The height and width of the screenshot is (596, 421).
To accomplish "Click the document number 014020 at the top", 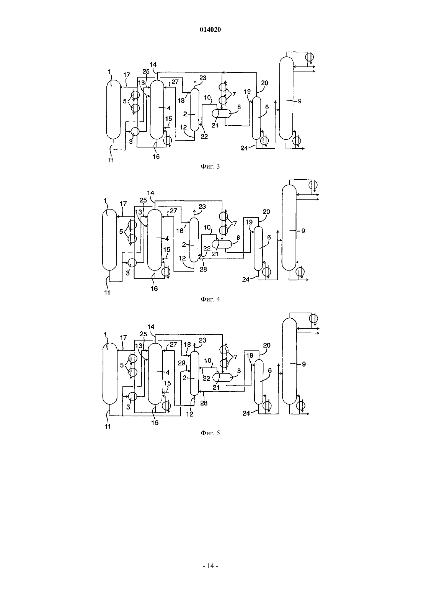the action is tap(210, 29).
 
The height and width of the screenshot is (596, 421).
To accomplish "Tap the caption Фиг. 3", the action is tap(210, 167).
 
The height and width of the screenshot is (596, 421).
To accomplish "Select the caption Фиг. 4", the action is tap(210, 299).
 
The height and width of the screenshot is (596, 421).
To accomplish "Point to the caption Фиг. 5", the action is tap(210, 433).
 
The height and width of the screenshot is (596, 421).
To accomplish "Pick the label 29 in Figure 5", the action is tap(181, 363).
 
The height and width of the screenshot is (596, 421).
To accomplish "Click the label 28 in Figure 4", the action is tap(203, 270).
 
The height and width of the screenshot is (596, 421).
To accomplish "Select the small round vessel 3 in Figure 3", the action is tap(135, 131).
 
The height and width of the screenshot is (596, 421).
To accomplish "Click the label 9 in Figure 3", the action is tap(300, 101).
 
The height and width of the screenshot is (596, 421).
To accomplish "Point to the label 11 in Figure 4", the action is tap(107, 292).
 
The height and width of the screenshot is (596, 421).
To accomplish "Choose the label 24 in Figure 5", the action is tap(246, 413).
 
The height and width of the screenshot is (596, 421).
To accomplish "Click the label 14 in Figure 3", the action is tap(153, 64).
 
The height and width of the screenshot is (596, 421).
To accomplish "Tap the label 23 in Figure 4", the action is tap(202, 207).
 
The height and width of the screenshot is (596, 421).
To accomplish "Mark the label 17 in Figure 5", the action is tap(123, 337).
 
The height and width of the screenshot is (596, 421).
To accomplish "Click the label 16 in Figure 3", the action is tap(156, 157).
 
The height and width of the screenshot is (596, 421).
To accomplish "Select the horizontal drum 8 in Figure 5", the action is tap(223, 377).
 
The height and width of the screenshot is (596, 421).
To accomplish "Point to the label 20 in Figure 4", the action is tap(266, 212).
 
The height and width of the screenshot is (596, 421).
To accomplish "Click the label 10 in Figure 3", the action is tap(207, 98).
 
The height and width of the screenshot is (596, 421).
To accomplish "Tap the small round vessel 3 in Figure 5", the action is tap(132, 396).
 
